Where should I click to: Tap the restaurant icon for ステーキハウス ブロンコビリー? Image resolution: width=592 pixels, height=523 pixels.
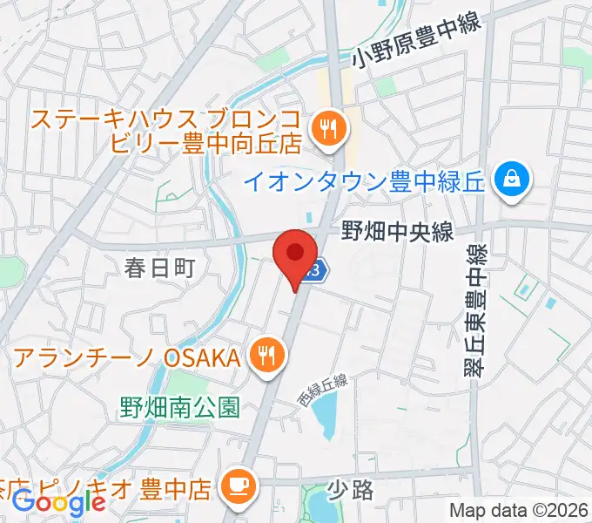(x=328, y=129)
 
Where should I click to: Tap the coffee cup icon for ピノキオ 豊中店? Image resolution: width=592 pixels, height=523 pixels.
(x=237, y=482)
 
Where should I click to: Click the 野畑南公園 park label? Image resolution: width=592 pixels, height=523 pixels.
(x=179, y=406)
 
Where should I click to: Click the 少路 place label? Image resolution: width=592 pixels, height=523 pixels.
(x=353, y=490)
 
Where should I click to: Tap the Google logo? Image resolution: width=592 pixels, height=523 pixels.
(x=59, y=502)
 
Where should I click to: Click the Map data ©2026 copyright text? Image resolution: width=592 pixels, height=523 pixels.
(x=519, y=510)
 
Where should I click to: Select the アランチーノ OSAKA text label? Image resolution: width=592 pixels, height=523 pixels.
(x=126, y=357)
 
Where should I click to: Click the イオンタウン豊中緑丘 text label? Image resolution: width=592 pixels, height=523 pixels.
(x=365, y=182)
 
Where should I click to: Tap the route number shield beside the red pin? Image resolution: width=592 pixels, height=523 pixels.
(x=318, y=270)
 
